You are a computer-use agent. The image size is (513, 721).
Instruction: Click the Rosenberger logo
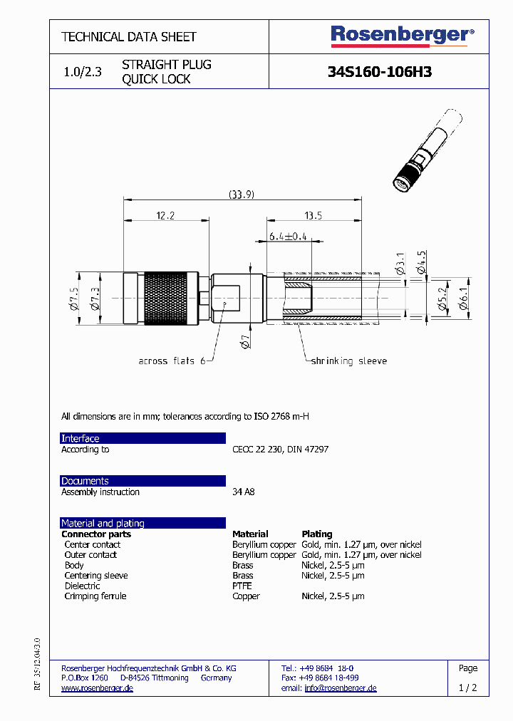(402, 36)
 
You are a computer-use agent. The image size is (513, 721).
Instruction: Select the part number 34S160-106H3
(379, 72)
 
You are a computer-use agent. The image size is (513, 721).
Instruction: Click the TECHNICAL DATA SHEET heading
(129, 36)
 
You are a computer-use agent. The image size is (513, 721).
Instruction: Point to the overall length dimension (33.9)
(242, 194)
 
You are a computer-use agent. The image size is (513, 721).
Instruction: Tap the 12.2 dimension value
(165, 215)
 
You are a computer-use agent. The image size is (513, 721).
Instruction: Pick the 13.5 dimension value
(313, 215)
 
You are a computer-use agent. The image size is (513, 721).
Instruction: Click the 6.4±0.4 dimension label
(287, 237)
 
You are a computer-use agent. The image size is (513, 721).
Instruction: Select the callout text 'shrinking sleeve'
(348, 361)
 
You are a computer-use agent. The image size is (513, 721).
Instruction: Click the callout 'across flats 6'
(171, 361)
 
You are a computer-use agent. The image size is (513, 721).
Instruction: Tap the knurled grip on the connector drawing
(167, 299)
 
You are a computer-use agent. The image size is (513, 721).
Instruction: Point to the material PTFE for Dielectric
(242, 586)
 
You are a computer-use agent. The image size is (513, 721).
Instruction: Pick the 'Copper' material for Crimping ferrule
(246, 596)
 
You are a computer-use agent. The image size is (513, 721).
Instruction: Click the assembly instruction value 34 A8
(243, 492)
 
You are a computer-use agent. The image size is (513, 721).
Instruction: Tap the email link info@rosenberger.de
(340, 688)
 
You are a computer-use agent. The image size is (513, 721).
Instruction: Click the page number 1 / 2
(468, 688)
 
